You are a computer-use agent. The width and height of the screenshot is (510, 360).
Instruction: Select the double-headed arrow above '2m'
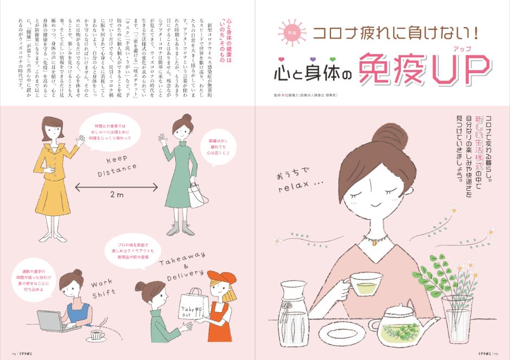click(x=117, y=187)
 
